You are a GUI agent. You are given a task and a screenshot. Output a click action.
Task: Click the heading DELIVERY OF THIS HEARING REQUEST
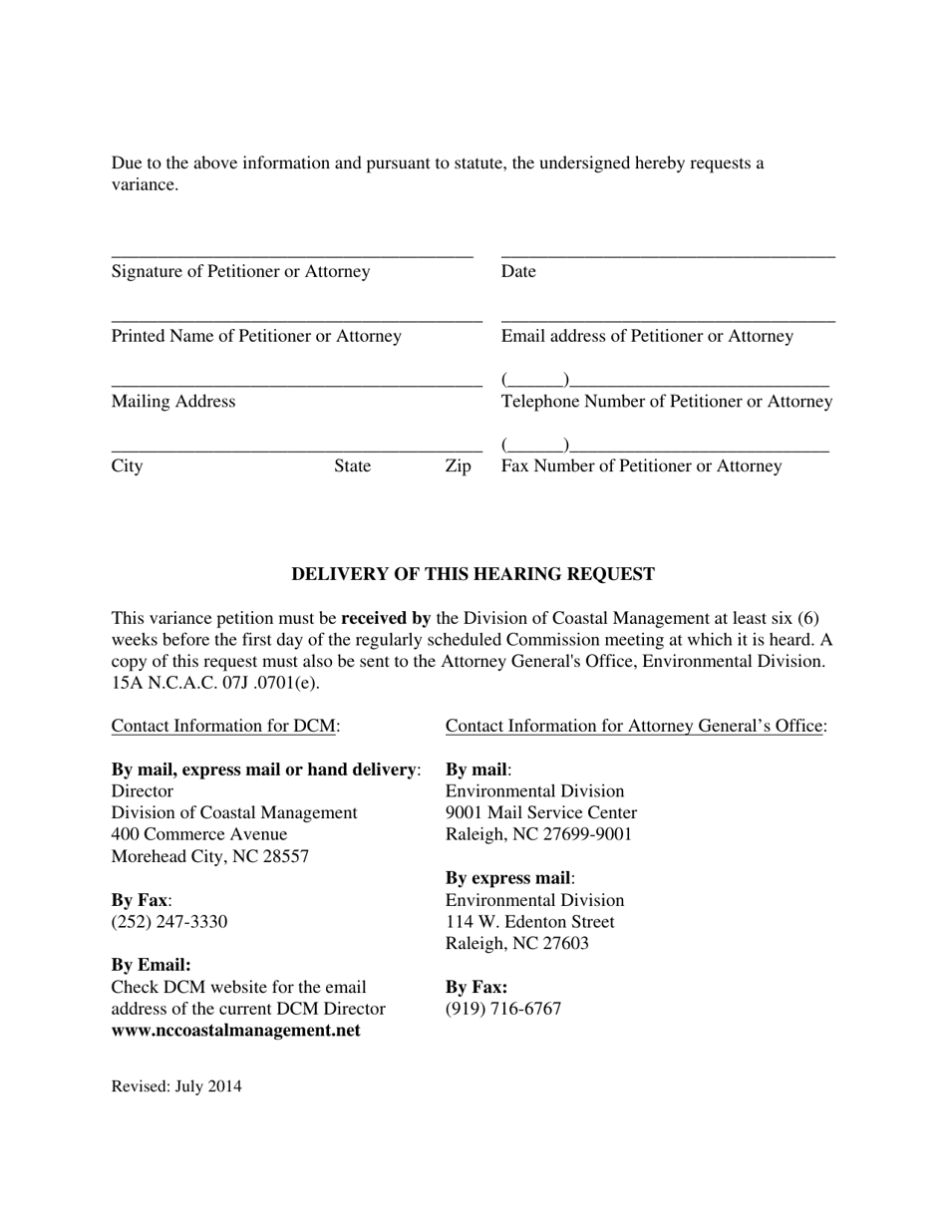click(x=473, y=574)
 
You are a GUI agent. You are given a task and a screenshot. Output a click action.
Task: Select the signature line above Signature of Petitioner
click(x=291, y=257)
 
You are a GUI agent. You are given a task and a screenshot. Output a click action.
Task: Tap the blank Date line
click(x=668, y=257)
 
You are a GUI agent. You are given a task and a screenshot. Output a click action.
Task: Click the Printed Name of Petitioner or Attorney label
click(x=256, y=336)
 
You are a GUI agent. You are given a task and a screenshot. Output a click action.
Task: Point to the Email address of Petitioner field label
click(x=647, y=336)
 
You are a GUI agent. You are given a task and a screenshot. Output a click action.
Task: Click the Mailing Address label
click(x=173, y=401)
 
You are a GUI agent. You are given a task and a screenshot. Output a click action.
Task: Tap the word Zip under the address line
click(x=458, y=465)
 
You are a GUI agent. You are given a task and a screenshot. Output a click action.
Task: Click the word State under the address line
click(x=352, y=465)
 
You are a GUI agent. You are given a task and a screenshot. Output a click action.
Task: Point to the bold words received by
click(x=386, y=618)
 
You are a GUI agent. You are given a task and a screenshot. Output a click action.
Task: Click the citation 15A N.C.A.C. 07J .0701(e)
click(x=215, y=683)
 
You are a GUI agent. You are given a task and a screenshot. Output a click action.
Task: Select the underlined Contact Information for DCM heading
click(x=223, y=726)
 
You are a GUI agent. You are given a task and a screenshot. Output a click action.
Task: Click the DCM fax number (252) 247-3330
click(x=169, y=921)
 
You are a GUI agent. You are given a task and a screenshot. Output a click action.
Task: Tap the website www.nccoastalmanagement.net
click(x=235, y=1030)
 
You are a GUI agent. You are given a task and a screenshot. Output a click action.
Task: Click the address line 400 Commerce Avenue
click(x=199, y=834)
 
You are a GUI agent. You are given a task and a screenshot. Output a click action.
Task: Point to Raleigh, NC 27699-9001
click(x=538, y=834)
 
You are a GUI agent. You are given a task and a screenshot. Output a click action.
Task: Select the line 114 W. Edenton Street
click(x=529, y=921)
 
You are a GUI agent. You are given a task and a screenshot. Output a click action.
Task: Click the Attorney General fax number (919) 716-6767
click(x=503, y=1009)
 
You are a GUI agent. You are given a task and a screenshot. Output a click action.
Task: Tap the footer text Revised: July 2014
click(x=176, y=1086)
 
